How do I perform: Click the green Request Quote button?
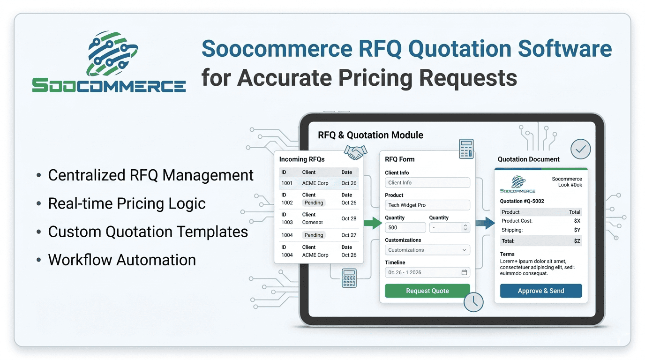pos(427,291)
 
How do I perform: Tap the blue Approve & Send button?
pos(540,291)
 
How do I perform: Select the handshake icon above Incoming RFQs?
pos(355,151)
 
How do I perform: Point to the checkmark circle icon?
pos(580,150)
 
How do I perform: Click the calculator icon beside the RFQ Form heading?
pos(466,149)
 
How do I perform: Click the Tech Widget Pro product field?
pos(427,205)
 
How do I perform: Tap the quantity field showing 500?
pos(405,227)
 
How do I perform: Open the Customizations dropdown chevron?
pos(464,250)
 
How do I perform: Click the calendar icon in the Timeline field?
pos(464,272)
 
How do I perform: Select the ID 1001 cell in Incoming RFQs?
pos(287,183)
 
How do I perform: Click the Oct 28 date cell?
pos(349,218)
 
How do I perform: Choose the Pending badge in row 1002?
pos(314,203)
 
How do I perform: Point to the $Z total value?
pos(577,241)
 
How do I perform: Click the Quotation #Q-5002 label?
pos(522,201)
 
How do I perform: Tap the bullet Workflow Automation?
pos(122,260)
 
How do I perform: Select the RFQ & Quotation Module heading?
pos(370,135)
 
